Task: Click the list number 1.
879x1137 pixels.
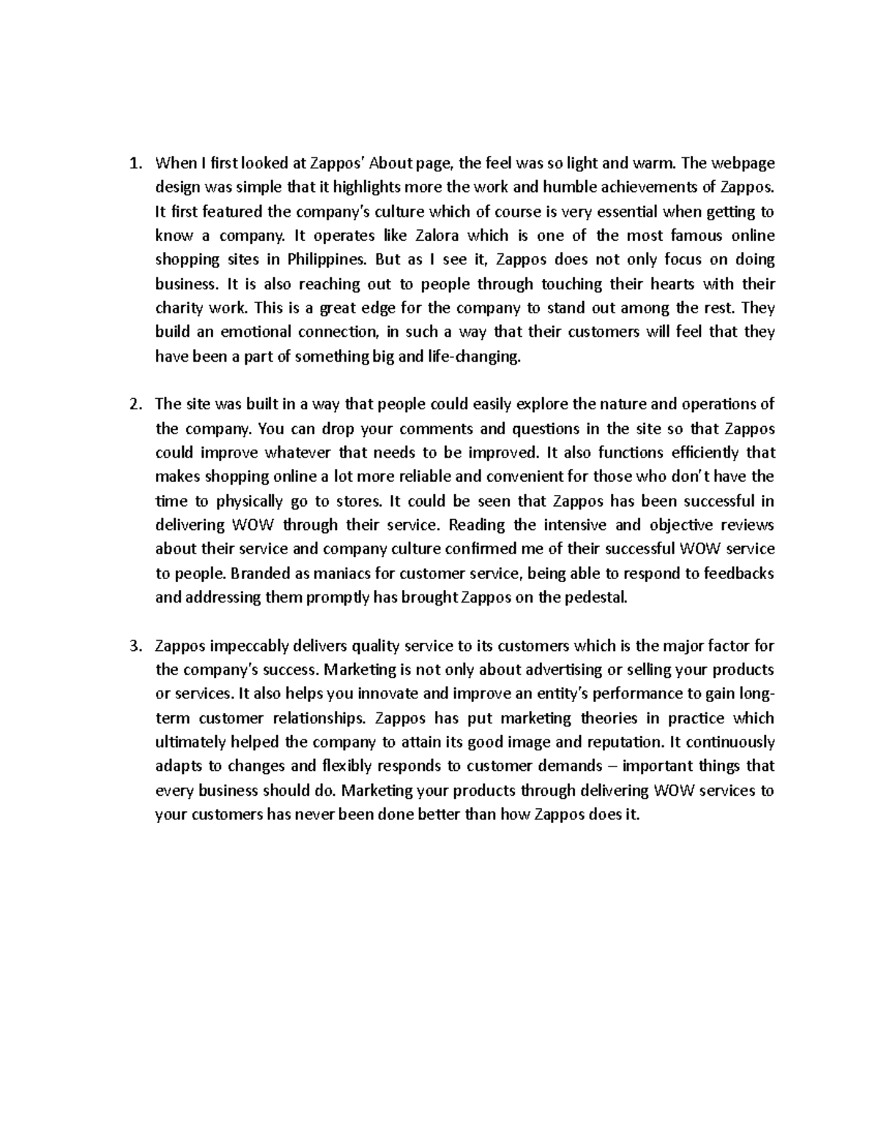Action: click(x=133, y=163)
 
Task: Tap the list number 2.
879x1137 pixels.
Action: click(x=133, y=405)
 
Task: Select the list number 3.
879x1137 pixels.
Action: click(x=133, y=646)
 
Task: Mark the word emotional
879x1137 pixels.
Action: click(x=254, y=332)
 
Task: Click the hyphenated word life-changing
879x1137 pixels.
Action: click(x=474, y=357)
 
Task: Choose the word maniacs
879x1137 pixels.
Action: click(x=309, y=574)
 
